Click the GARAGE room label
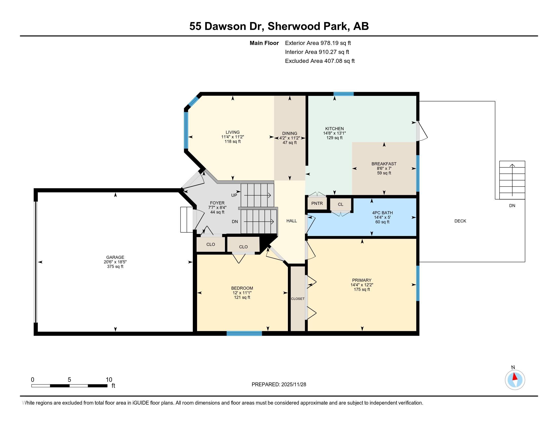pyautogui.click(x=115, y=257)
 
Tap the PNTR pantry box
pyautogui.click(x=317, y=204)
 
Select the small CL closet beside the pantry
pyautogui.click(x=341, y=204)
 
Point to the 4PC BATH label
pyautogui.click(x=382, y=213)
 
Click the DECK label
pyautogui.click(x=460, y=221)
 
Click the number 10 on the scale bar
pyautogui.click(x=109, y=380)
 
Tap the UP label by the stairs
pyautogui.click(x=234, y=195)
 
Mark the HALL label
pyautogui.click(x=291, y=221)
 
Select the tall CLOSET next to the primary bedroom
pyautogui.click(x=298, y=298)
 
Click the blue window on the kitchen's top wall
pyautogui.click(x=343, y=94)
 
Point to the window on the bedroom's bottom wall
pyautogui.click(x=244, y=333)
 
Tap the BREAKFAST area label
pyautogui.click(x=384, y=164)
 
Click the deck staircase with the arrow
pyautogui.click(x=512, y=180)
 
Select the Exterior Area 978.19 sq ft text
pyautogui.click(x=318, y=43)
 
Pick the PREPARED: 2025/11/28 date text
pyautogui.click(x=279, y=385)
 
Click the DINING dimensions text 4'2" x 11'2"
pyautogui.click(x=289, y=138)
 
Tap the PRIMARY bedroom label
pyautogui.click(x=361, y=280)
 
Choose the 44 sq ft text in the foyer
pyautogui.click(x=217, y=212)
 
